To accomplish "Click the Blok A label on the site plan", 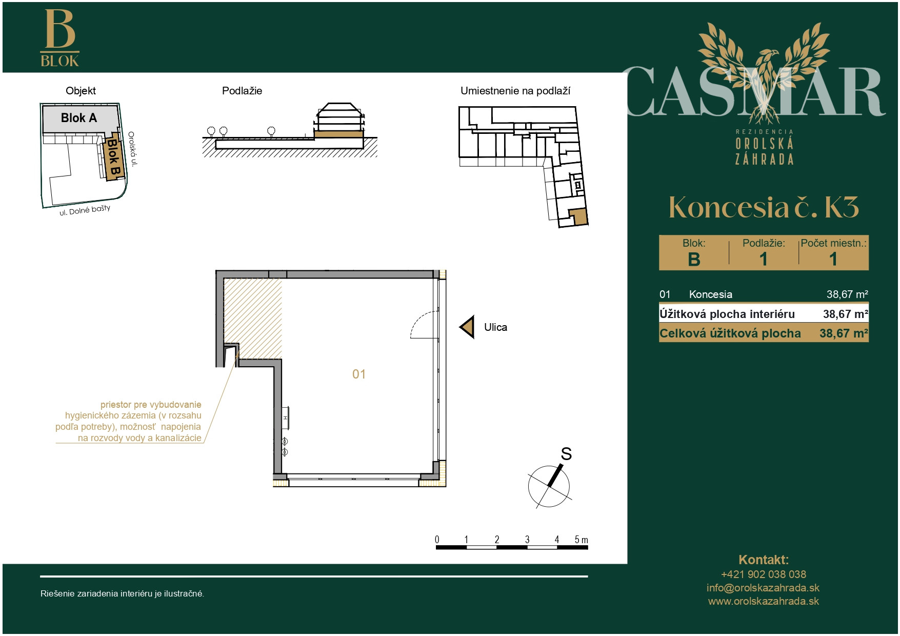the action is point(79,118).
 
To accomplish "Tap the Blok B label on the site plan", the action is point(113,157).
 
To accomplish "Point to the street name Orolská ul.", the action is point(133,149).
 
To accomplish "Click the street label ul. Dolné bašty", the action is point(85,210).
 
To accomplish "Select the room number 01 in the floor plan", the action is point(359,374).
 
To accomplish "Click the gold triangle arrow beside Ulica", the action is point(467,327).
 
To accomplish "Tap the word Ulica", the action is point(495,327).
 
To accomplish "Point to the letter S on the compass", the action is point(566,454).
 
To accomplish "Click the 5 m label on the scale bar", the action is point(581,540).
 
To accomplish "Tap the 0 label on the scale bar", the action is point(437,540).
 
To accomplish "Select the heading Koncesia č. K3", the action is point(764,207).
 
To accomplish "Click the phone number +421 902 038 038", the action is point(764,574).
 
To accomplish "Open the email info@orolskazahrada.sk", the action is point(763,588).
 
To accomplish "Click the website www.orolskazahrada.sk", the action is point(764,601).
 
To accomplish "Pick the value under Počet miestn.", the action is point(833,259).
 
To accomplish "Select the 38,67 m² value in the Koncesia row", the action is point(847,294).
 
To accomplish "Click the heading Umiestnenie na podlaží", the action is point(515,91).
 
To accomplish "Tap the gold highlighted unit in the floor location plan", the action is point(578,217).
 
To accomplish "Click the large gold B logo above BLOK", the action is point(60,29).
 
